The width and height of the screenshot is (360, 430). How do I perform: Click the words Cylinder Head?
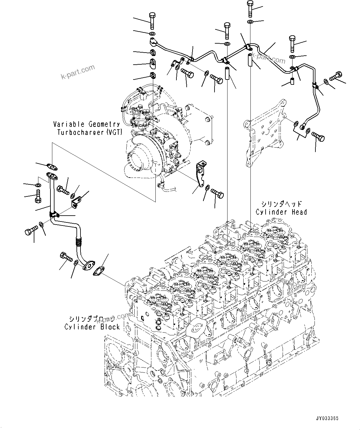[x=281, y=212]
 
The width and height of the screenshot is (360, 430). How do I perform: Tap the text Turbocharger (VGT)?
[x=90, y=132]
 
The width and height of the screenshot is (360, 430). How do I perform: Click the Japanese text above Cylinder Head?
[x=280, y=204]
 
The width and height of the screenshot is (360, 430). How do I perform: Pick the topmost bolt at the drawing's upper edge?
[x=250, y=9]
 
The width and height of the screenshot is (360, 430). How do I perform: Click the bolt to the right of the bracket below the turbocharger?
[x=217, y=194]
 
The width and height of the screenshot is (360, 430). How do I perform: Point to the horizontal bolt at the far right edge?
[x=336, y=75]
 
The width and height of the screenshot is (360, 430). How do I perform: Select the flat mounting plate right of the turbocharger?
[x=266, y=133]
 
